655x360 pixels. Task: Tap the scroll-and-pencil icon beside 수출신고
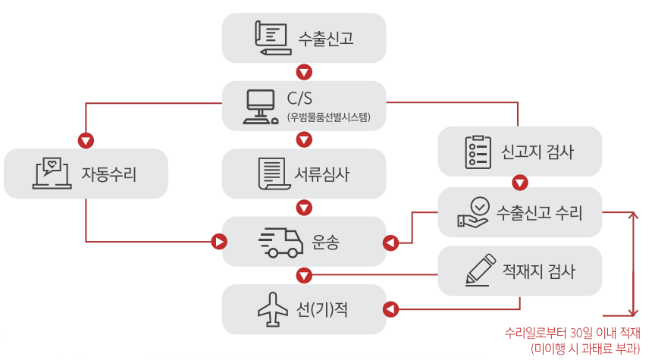click(x=271, y=36)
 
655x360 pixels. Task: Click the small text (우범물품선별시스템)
click(x=328, y=117)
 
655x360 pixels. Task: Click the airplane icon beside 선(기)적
click(x=273, y=309)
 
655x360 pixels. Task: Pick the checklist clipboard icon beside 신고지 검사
click(x=475, y=152)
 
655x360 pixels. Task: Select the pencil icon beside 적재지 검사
click(x=479, y=269)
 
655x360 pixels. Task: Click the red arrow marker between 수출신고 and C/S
click(x=304, y=73)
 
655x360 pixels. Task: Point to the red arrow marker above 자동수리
click(x=86, y=140)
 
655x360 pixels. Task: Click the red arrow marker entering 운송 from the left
click(x=218, y=242)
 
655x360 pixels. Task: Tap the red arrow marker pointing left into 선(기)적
click(x=390, y=309)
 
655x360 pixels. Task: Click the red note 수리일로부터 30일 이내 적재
click(x=573, y=333)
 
